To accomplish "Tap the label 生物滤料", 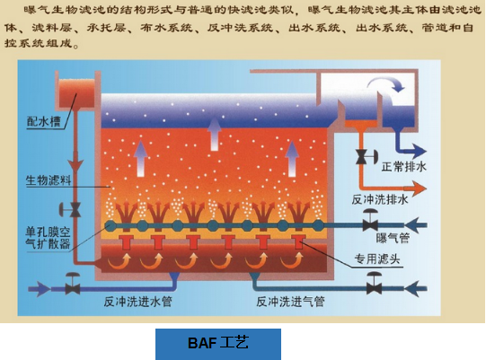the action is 48,180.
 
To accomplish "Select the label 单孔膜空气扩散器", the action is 48,238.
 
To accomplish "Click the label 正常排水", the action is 404,167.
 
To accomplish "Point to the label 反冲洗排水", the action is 380,199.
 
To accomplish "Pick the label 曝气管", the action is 393,238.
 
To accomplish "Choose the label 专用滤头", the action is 377,259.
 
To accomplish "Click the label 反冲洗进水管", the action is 137,301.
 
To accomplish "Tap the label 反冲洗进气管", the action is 290,301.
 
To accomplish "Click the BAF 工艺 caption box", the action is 218,344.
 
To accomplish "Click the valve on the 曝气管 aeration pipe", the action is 370,220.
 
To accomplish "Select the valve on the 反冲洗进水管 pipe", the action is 73,284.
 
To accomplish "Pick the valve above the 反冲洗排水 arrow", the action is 366,157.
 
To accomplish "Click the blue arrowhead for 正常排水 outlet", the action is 419,152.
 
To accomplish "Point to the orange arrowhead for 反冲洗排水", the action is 419,188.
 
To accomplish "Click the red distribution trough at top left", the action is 76,93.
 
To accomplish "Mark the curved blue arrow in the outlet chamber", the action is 386,83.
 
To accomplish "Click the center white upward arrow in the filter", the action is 214,134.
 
